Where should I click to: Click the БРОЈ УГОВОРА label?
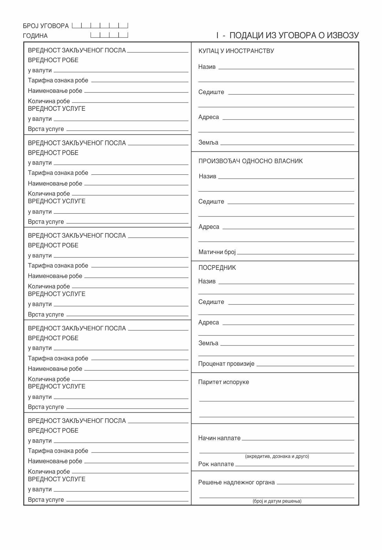(45, 26)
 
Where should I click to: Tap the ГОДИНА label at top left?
(35, 36)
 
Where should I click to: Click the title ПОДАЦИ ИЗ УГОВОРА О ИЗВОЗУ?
(294, 35)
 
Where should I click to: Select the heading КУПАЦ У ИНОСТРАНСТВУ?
(236, 51)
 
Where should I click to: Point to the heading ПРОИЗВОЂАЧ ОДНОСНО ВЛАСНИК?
(250, 161)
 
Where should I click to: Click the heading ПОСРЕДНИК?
(217, 268)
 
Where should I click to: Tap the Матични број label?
(217, 252)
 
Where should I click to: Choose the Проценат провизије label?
(226, 364)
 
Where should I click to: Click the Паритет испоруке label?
(223, 382)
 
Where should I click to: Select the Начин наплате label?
(219, 438)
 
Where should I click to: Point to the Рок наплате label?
(216, 464)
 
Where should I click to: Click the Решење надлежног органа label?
(236, 482)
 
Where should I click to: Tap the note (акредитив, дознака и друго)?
(277, 456)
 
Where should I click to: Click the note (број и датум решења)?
(277, 501)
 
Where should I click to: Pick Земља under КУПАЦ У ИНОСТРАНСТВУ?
(208, 142)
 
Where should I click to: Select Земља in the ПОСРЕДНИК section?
(208, 343)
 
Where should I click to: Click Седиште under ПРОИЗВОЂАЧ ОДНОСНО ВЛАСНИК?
(211, 201)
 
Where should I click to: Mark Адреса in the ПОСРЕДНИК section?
(209, 322)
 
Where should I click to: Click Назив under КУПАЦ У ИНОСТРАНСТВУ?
(207, 67)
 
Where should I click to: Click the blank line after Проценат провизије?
(305, 365)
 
